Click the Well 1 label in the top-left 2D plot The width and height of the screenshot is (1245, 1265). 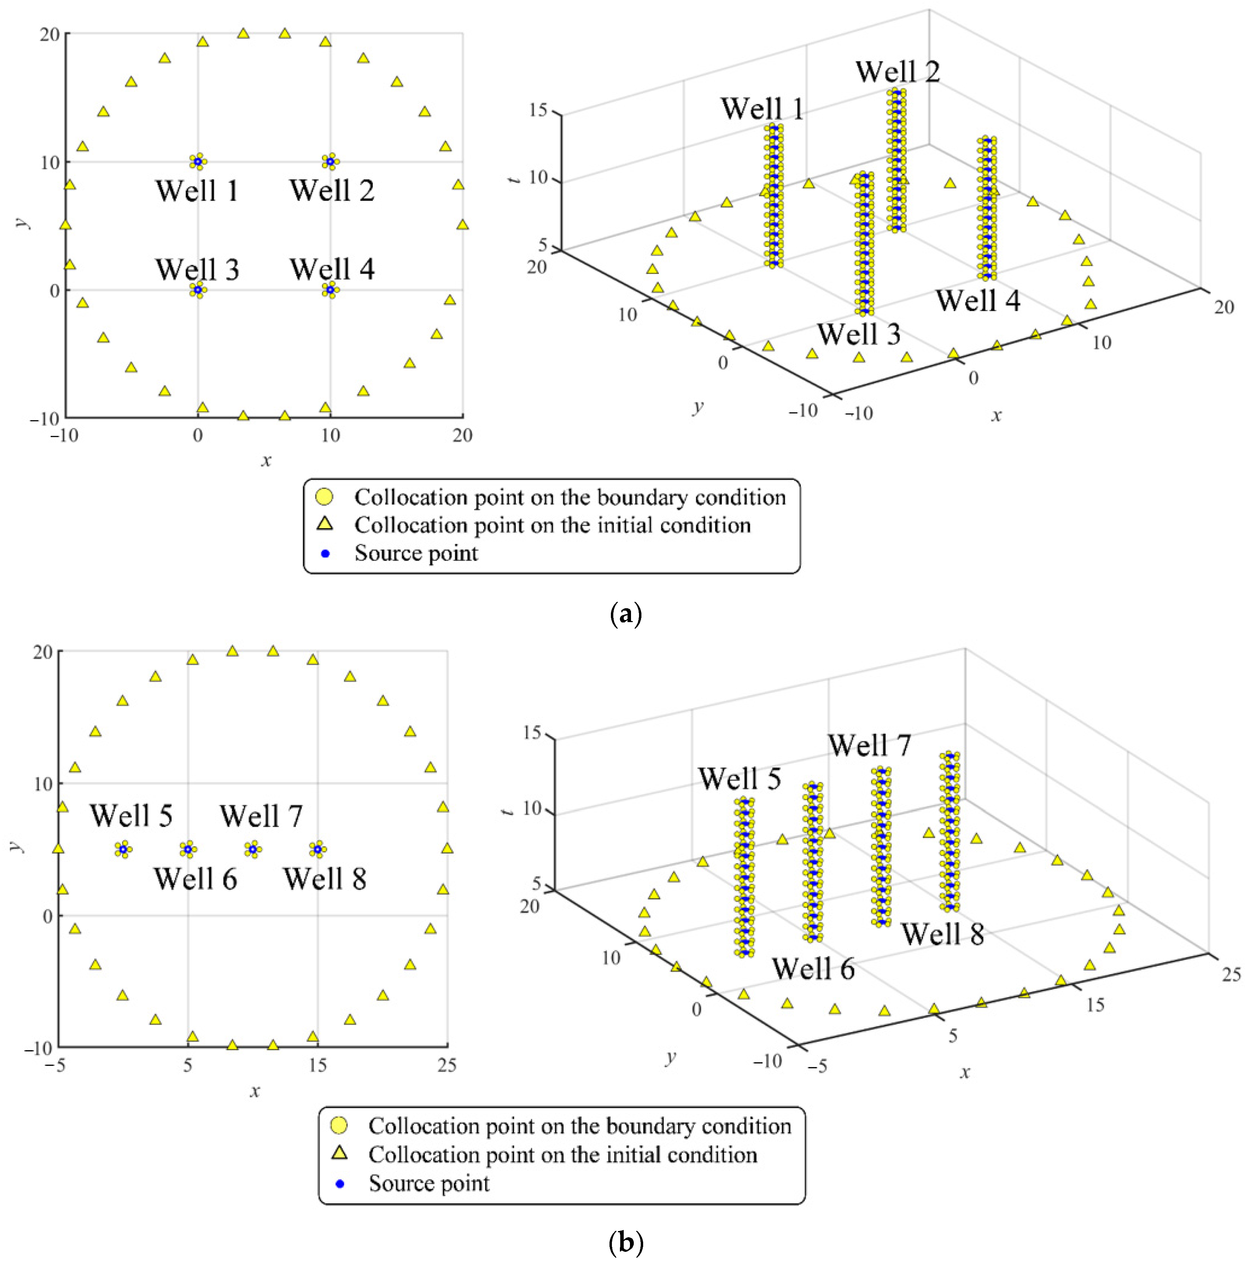197,191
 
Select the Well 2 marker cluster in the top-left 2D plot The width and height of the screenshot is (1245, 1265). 330,161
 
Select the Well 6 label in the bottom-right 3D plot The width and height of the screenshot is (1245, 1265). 813,969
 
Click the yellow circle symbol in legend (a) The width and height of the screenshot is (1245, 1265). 324,497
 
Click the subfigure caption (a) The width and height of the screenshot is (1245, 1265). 625,615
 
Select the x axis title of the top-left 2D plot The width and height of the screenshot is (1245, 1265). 266,461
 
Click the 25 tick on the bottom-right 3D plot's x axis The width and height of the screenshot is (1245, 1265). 1231,975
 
